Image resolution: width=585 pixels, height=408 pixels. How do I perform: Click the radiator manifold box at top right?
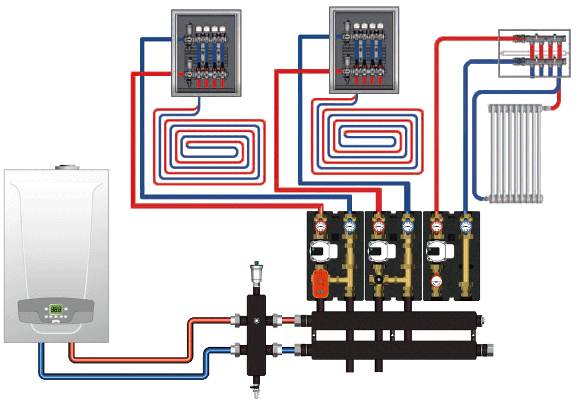click(534, 52)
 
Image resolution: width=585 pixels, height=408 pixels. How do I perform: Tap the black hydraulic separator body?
click(255, 334)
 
